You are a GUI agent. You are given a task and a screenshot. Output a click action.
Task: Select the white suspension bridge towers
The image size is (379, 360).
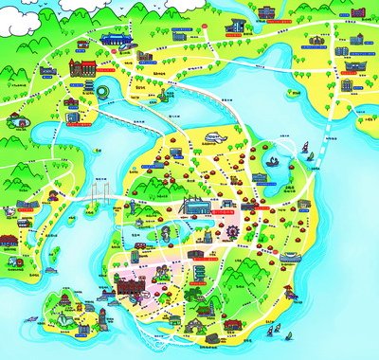(x=97, y=195)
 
